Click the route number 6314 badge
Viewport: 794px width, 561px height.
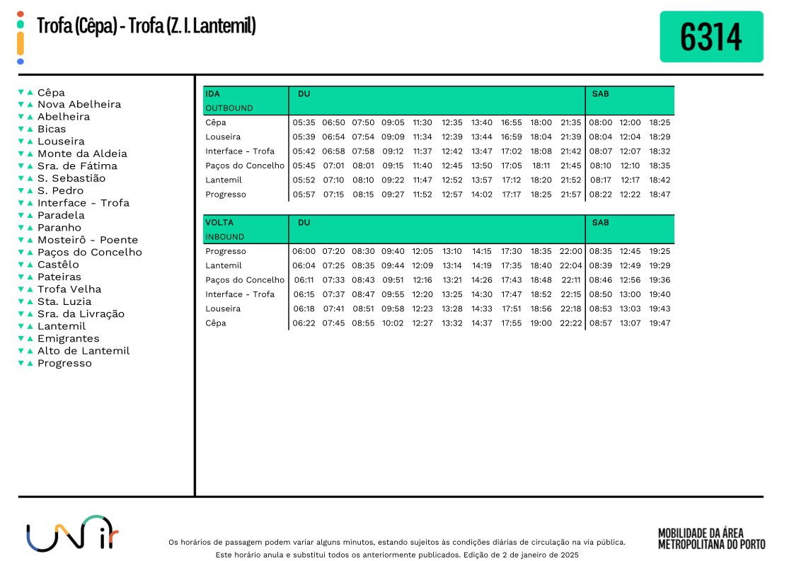click(711, 37)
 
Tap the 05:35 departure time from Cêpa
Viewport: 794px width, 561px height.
click(304, 122)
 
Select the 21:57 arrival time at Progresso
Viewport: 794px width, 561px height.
click(570, 195)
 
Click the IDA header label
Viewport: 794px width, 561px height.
click(212, 94)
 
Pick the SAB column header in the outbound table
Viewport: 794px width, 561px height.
click(600, 94)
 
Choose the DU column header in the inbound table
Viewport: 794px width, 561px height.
click(304, 223)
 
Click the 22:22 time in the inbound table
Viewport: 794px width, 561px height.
click(570, 323)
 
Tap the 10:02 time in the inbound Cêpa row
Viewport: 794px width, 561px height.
click(392, 323)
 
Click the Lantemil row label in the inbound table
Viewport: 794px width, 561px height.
click(224, 266)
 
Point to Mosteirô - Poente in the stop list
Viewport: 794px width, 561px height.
click(88, 240)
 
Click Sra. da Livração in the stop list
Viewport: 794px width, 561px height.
click(81, 314)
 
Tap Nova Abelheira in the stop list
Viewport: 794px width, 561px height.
click(79, 105)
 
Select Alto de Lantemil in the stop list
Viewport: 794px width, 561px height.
click(84, 351)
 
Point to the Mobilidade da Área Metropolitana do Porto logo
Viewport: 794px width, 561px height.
click(711, 538)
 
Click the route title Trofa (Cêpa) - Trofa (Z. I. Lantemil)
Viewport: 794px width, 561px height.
click(146, 27)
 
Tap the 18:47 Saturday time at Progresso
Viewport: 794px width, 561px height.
click(660, 195)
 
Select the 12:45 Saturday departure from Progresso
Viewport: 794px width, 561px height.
click(630, 251)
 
